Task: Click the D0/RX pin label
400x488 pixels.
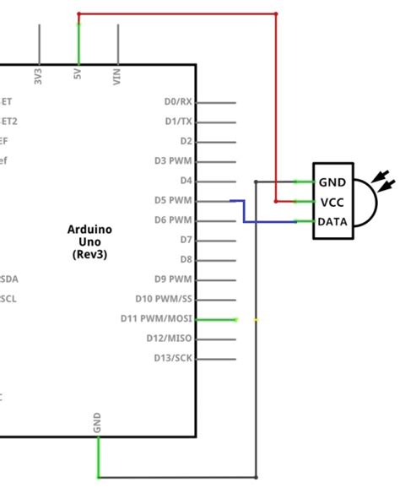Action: pos(178,102)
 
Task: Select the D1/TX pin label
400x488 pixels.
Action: pos(178,122)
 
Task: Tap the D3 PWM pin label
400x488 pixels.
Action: pos(173,161)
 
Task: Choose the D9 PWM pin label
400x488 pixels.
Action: pos(173,279)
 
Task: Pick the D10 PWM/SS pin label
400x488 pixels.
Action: pos(164,299)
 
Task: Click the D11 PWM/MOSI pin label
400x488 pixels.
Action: pos(157,319)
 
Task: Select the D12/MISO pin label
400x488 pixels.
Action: pos(169,339)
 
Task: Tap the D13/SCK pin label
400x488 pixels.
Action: pos(170,358)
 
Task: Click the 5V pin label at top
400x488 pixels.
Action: pos(78,74)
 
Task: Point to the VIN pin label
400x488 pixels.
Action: pos(116,76)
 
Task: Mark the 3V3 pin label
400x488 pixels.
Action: pos(38,76)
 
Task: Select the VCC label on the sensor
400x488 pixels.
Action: pos(330,202)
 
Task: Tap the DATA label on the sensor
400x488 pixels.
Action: pos(332,221)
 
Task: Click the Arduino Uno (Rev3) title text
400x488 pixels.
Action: pos(89,241)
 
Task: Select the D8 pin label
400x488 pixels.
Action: pos(186,260)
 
